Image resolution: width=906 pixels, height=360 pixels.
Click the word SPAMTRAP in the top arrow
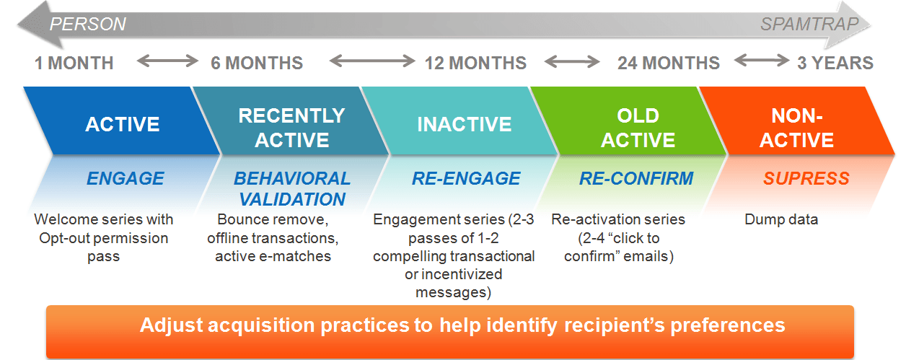tap(809, 25)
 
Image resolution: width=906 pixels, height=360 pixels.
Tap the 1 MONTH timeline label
tap(74, 63)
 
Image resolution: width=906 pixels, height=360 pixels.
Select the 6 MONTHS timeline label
tap(257, 63)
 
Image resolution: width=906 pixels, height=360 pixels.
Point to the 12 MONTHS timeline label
tap(475, 63)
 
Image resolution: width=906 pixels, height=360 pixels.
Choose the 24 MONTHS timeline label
tap(668, 63)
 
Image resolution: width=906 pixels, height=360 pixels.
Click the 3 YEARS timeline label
tap(835, 63)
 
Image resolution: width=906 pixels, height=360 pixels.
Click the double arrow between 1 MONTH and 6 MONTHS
tap(167, 62)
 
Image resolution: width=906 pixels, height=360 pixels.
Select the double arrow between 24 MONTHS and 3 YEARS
tap(761, 62)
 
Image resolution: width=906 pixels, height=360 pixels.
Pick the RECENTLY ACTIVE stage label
tap(291, 127)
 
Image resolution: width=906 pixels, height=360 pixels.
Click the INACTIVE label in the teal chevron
tap(464, 124)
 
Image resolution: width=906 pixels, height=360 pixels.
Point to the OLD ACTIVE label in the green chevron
tap(638, 127)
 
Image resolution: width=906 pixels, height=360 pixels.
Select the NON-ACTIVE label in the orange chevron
tap(796, 127)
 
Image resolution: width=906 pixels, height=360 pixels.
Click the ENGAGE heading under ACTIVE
tap(125, 179)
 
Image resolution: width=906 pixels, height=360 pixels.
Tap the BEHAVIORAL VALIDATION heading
tap(291, 188)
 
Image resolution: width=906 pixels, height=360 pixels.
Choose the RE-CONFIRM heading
tap(635, 179)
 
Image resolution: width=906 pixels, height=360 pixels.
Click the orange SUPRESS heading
tap(806, 179)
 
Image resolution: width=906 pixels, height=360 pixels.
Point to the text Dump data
tap(781, 219)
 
